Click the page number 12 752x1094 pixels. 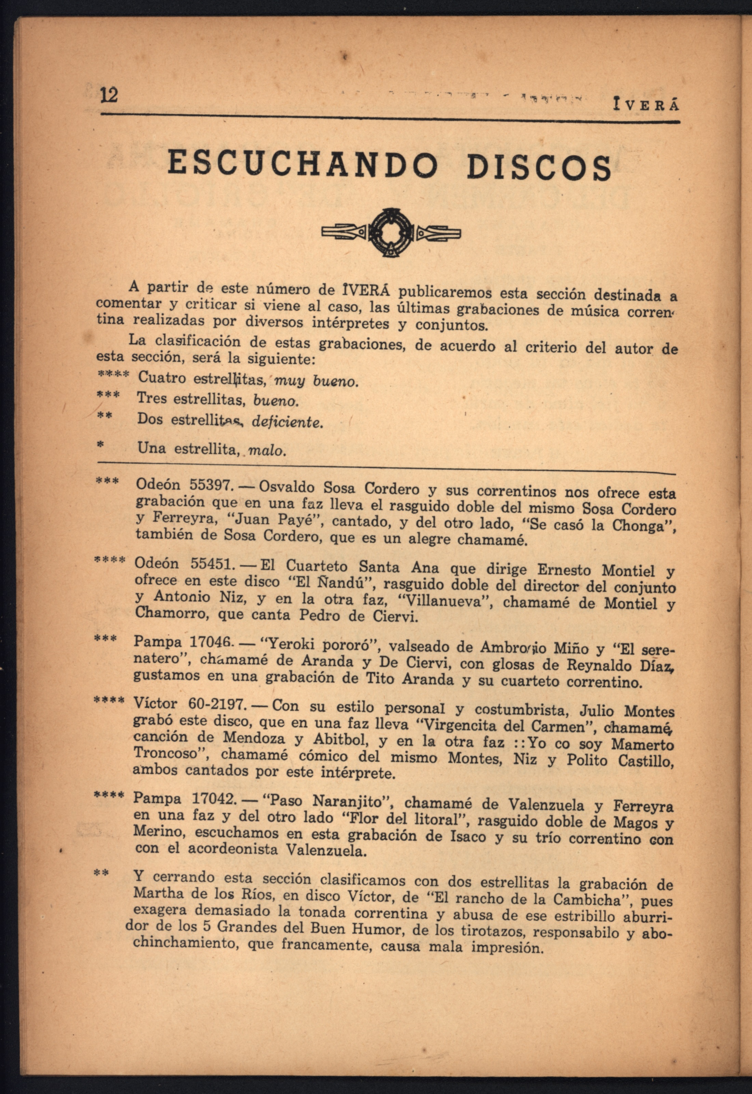[x=109, y=96]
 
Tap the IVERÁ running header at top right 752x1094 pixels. [x=645, y=105]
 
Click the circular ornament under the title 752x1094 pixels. [x=391, y=232]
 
